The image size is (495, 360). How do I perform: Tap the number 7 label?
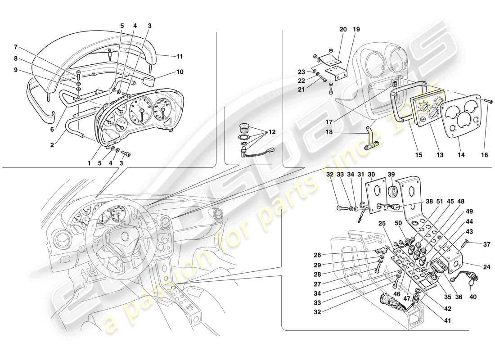15,47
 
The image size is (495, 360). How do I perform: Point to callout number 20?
343,30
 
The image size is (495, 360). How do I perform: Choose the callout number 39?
391,174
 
